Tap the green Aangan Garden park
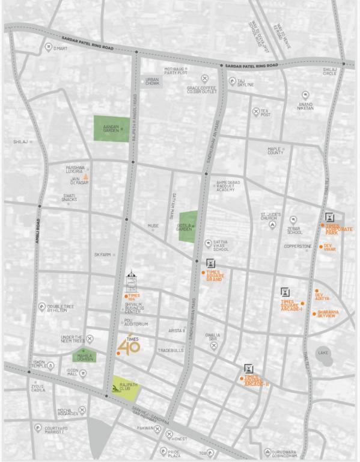[x=110, y=129]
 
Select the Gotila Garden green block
[x=188, y=226]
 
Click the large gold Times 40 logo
[x=128, y=345]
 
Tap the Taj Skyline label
[x=245, y=82]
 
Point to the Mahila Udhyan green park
[x=84, y=356]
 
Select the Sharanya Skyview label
[x=328, y=313]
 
